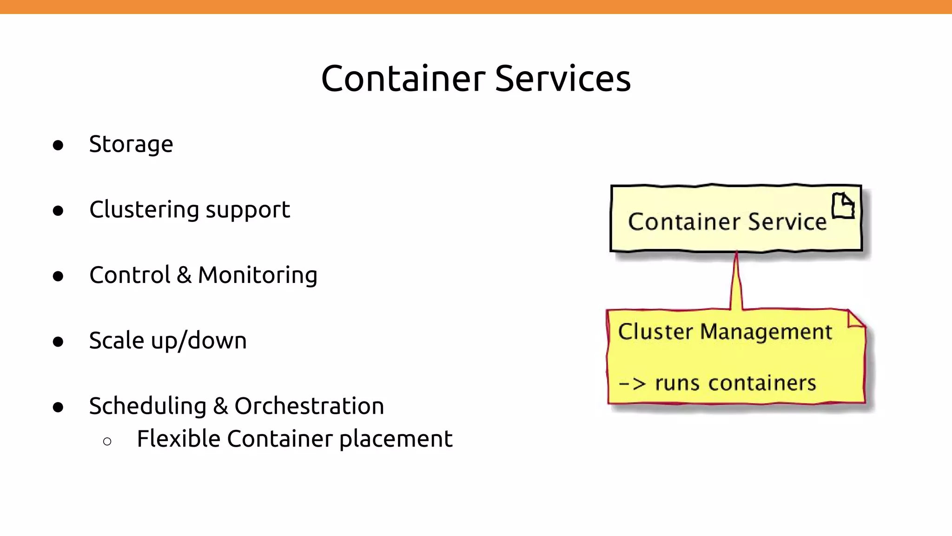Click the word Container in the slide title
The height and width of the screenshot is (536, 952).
[x=403, y=79]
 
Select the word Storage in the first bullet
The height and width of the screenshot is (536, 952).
[x=131, y=144]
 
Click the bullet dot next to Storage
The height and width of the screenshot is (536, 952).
[x=58, y=145]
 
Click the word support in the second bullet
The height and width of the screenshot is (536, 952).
[x=248, y=211]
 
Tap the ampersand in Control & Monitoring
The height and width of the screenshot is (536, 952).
[x=184, y=275]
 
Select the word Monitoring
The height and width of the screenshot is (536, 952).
[x=258, y=275]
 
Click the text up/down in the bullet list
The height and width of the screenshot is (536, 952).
[x=198, y=341]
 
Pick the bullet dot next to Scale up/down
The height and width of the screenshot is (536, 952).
[x=58, y=342]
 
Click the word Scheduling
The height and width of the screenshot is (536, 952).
[x=147, y=406]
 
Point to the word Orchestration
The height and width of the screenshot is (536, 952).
[x=309, y=406]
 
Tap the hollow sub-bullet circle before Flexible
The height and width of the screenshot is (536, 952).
[x=107, y=441]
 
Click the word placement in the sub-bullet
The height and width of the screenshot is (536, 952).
[x=396, y=439]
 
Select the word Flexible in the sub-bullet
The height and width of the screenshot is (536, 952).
[x=178, y=439]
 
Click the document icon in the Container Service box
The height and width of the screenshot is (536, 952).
[x=843, y=206]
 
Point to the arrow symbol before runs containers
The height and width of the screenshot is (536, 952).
[x=633, y=384]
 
